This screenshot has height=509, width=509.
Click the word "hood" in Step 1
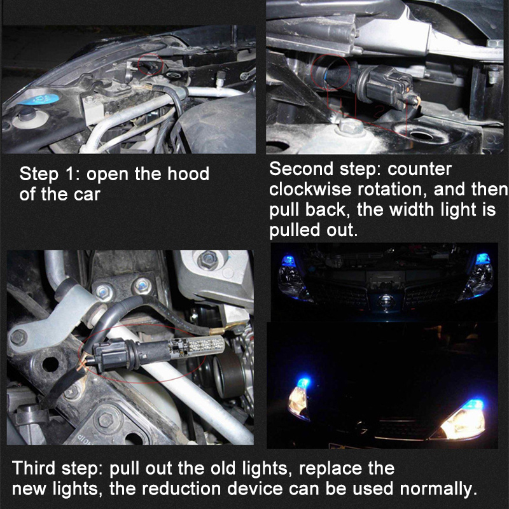point(188,174)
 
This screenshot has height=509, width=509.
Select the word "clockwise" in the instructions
point(310,189)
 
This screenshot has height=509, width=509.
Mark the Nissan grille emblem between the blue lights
point(386,302)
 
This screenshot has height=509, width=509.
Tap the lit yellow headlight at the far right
point(464,421)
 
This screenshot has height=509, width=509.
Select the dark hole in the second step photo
point(421,136)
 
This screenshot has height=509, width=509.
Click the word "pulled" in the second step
point(290,230)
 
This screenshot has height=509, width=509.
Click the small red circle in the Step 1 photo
point(150,64)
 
